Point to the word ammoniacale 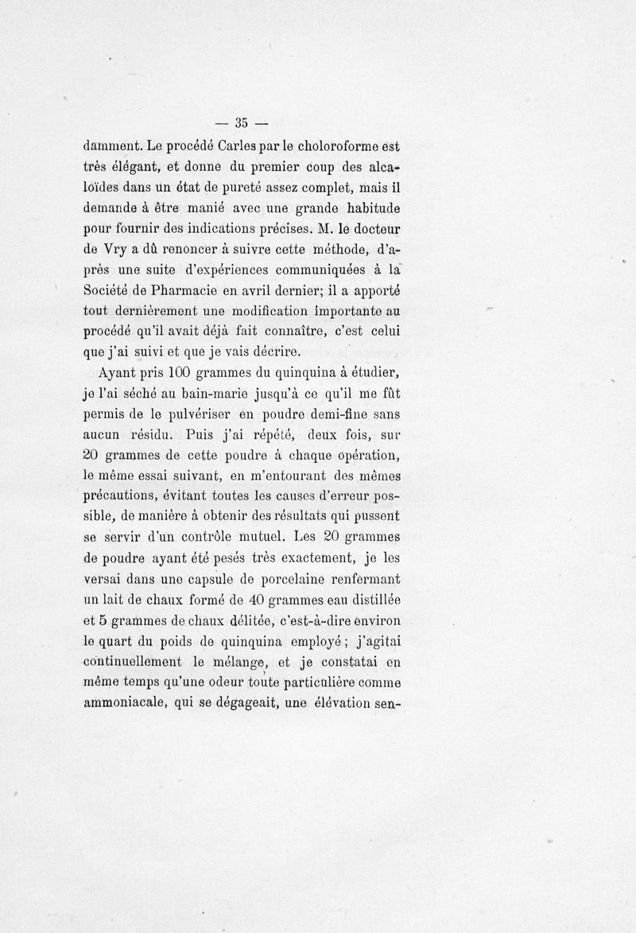point(123,702)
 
